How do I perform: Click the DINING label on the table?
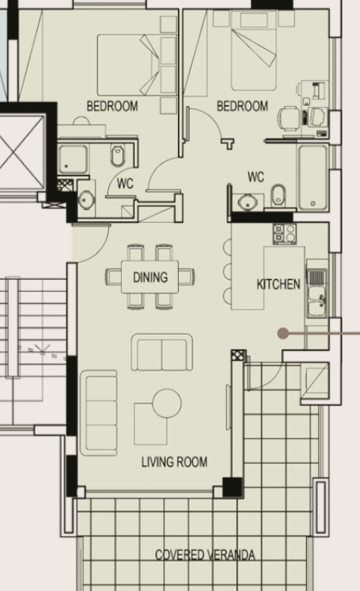(150, 277)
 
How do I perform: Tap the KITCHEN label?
(279, 284)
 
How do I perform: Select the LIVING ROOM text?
(174, 461)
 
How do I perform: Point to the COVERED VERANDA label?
(205, 555)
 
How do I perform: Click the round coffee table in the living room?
(167, 403)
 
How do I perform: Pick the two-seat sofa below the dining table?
(162, 353)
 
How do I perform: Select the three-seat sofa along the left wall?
(99, 413)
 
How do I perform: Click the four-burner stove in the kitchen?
(285, 233)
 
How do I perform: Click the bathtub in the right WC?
(313, 177)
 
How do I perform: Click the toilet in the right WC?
(279, 195)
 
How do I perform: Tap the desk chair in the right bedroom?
(290, 119)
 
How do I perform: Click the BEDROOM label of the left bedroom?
(112, 106)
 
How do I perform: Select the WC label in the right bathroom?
(256, 177)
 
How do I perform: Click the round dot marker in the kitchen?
(283, 333)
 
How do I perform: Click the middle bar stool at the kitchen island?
(227, 271)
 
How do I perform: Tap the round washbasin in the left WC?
(86, 199)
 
